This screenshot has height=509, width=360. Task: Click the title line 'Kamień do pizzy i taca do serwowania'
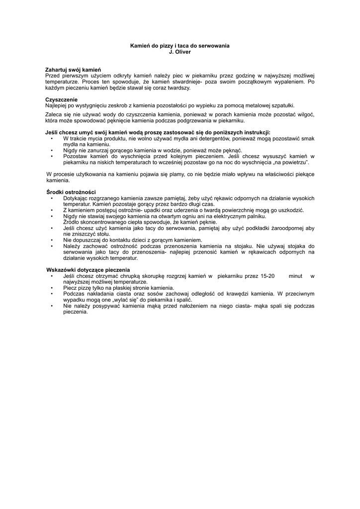click(180, 46)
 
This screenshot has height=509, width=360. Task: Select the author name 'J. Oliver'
click(180, 51)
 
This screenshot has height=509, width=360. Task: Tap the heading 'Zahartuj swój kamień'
click(73, 70)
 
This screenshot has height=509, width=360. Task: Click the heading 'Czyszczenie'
click(61, 99)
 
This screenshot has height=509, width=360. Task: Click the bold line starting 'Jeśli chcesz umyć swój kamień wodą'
click(158, 133)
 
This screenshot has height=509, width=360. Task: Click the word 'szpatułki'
click(281, 105)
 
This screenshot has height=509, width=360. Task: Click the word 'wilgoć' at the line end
click(304, 114)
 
